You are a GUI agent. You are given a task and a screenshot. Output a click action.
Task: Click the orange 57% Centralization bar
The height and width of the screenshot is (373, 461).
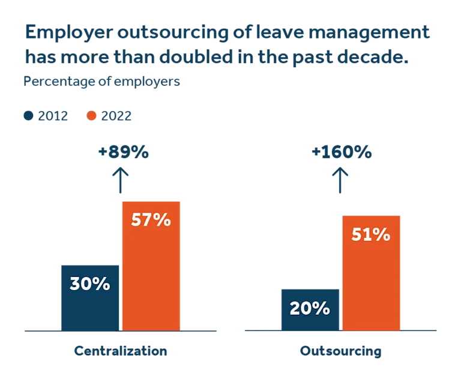pos(151,264)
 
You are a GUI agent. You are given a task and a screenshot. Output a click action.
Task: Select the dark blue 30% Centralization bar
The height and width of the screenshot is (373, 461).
pos(90,297)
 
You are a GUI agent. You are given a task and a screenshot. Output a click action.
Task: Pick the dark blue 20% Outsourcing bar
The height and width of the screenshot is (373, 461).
pos(310,309)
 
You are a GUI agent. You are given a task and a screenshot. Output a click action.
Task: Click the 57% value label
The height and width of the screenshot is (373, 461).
pos(151,220)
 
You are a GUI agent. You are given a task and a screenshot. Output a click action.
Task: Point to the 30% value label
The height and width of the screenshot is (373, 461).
pos(90,284)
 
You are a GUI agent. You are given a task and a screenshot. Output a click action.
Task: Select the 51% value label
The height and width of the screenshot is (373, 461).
pos(371,234)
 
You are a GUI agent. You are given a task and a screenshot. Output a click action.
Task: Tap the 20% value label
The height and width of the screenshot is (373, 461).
pos(310,308)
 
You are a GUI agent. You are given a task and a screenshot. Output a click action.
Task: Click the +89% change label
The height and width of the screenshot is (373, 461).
pos(122,152)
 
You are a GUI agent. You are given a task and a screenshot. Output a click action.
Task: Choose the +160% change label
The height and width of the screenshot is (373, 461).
pos(341,152)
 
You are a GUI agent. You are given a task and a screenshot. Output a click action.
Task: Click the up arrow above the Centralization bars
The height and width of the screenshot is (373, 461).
pos(122,180)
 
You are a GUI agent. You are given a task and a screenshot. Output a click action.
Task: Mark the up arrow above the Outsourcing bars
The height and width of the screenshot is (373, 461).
pos(341,180)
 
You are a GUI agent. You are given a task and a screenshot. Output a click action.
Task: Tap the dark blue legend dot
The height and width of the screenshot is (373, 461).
pos(29,117)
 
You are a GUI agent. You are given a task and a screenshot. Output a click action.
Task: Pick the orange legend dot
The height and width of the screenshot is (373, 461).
pos(91,117)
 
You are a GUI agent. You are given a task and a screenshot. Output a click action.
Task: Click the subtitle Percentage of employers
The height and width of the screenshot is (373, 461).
pos(102,80)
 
